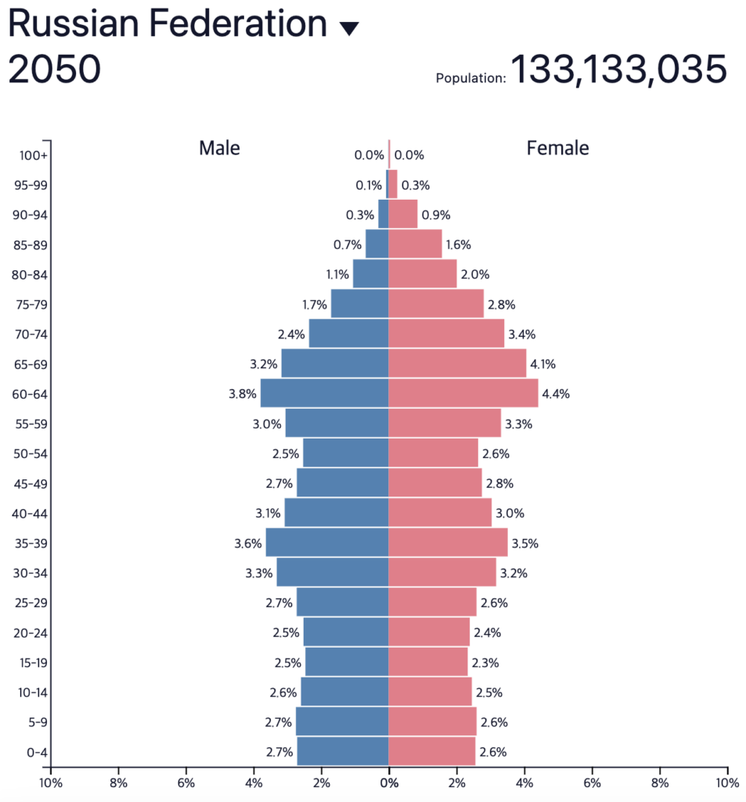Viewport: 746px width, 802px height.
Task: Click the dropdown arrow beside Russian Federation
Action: click(x=349, y=28)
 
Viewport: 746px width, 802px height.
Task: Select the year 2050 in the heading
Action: click(x=54, y=70)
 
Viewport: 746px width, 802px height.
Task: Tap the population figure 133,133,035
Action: click(x=618, y=70)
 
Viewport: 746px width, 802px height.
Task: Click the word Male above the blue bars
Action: click(x=219, y=148)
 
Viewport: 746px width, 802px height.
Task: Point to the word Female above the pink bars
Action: click(x=557, y=148)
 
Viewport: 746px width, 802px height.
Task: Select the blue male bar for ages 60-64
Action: click(x=324, y=393)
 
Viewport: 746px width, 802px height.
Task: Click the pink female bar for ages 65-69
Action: click(x=457, y=363)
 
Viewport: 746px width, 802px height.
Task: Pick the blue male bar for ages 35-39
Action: click(x=327, y=542)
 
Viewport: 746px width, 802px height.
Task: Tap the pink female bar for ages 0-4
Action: click(x=431, y=751)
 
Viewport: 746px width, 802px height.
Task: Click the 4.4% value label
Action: click(x=555, y=394)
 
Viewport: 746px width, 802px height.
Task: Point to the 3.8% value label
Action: click(x=243, y=394)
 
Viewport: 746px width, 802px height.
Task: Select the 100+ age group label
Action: click(x=34, y=155)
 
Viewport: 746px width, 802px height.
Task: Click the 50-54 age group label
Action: click(x=31, y=453)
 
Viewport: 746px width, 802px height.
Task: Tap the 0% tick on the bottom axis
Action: click(x=389, y=782)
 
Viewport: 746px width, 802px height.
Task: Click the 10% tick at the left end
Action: click(x=50, y=782)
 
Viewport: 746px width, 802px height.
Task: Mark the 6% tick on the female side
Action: click(x=593, y=782)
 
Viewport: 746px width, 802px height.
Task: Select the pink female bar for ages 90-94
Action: click(x=403, y=215)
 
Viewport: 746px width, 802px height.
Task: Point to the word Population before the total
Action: click(x=470, y=78)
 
